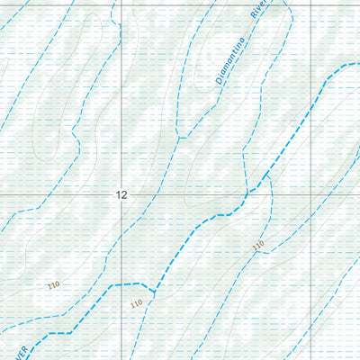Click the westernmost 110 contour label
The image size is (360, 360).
(53, 285)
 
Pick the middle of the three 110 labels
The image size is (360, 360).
(136, 304)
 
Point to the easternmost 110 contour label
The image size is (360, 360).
(258, 246)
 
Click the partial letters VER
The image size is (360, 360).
(24, 348)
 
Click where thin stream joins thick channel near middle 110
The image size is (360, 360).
(154, 292)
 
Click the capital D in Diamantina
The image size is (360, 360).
(219, 82)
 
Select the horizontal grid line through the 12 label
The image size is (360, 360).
(54, 194)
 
